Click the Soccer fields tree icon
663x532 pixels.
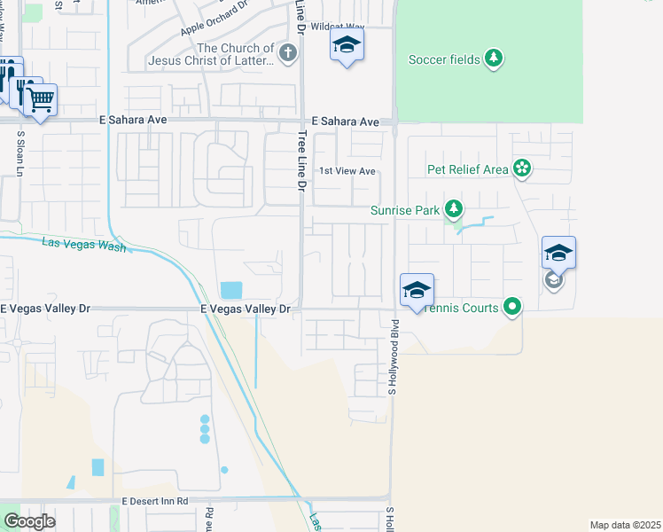tap(494, 59)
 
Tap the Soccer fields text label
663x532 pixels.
tap(443, 60)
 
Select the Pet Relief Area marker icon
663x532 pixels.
tap(522, 168)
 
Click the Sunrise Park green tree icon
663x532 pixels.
tap(454, 210)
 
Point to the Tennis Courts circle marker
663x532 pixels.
tap(512, 308)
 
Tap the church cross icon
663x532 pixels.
tap(287, 54)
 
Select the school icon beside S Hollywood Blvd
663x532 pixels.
tap(417, 290)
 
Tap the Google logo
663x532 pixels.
tap(30, 521)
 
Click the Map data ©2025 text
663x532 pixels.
tap(625, 525)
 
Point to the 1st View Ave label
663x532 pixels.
tap(347, 171)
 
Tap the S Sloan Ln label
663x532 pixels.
tap(19, 154)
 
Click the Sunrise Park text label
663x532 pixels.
tap(405, 211)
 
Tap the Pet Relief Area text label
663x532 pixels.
tap(467, 169)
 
